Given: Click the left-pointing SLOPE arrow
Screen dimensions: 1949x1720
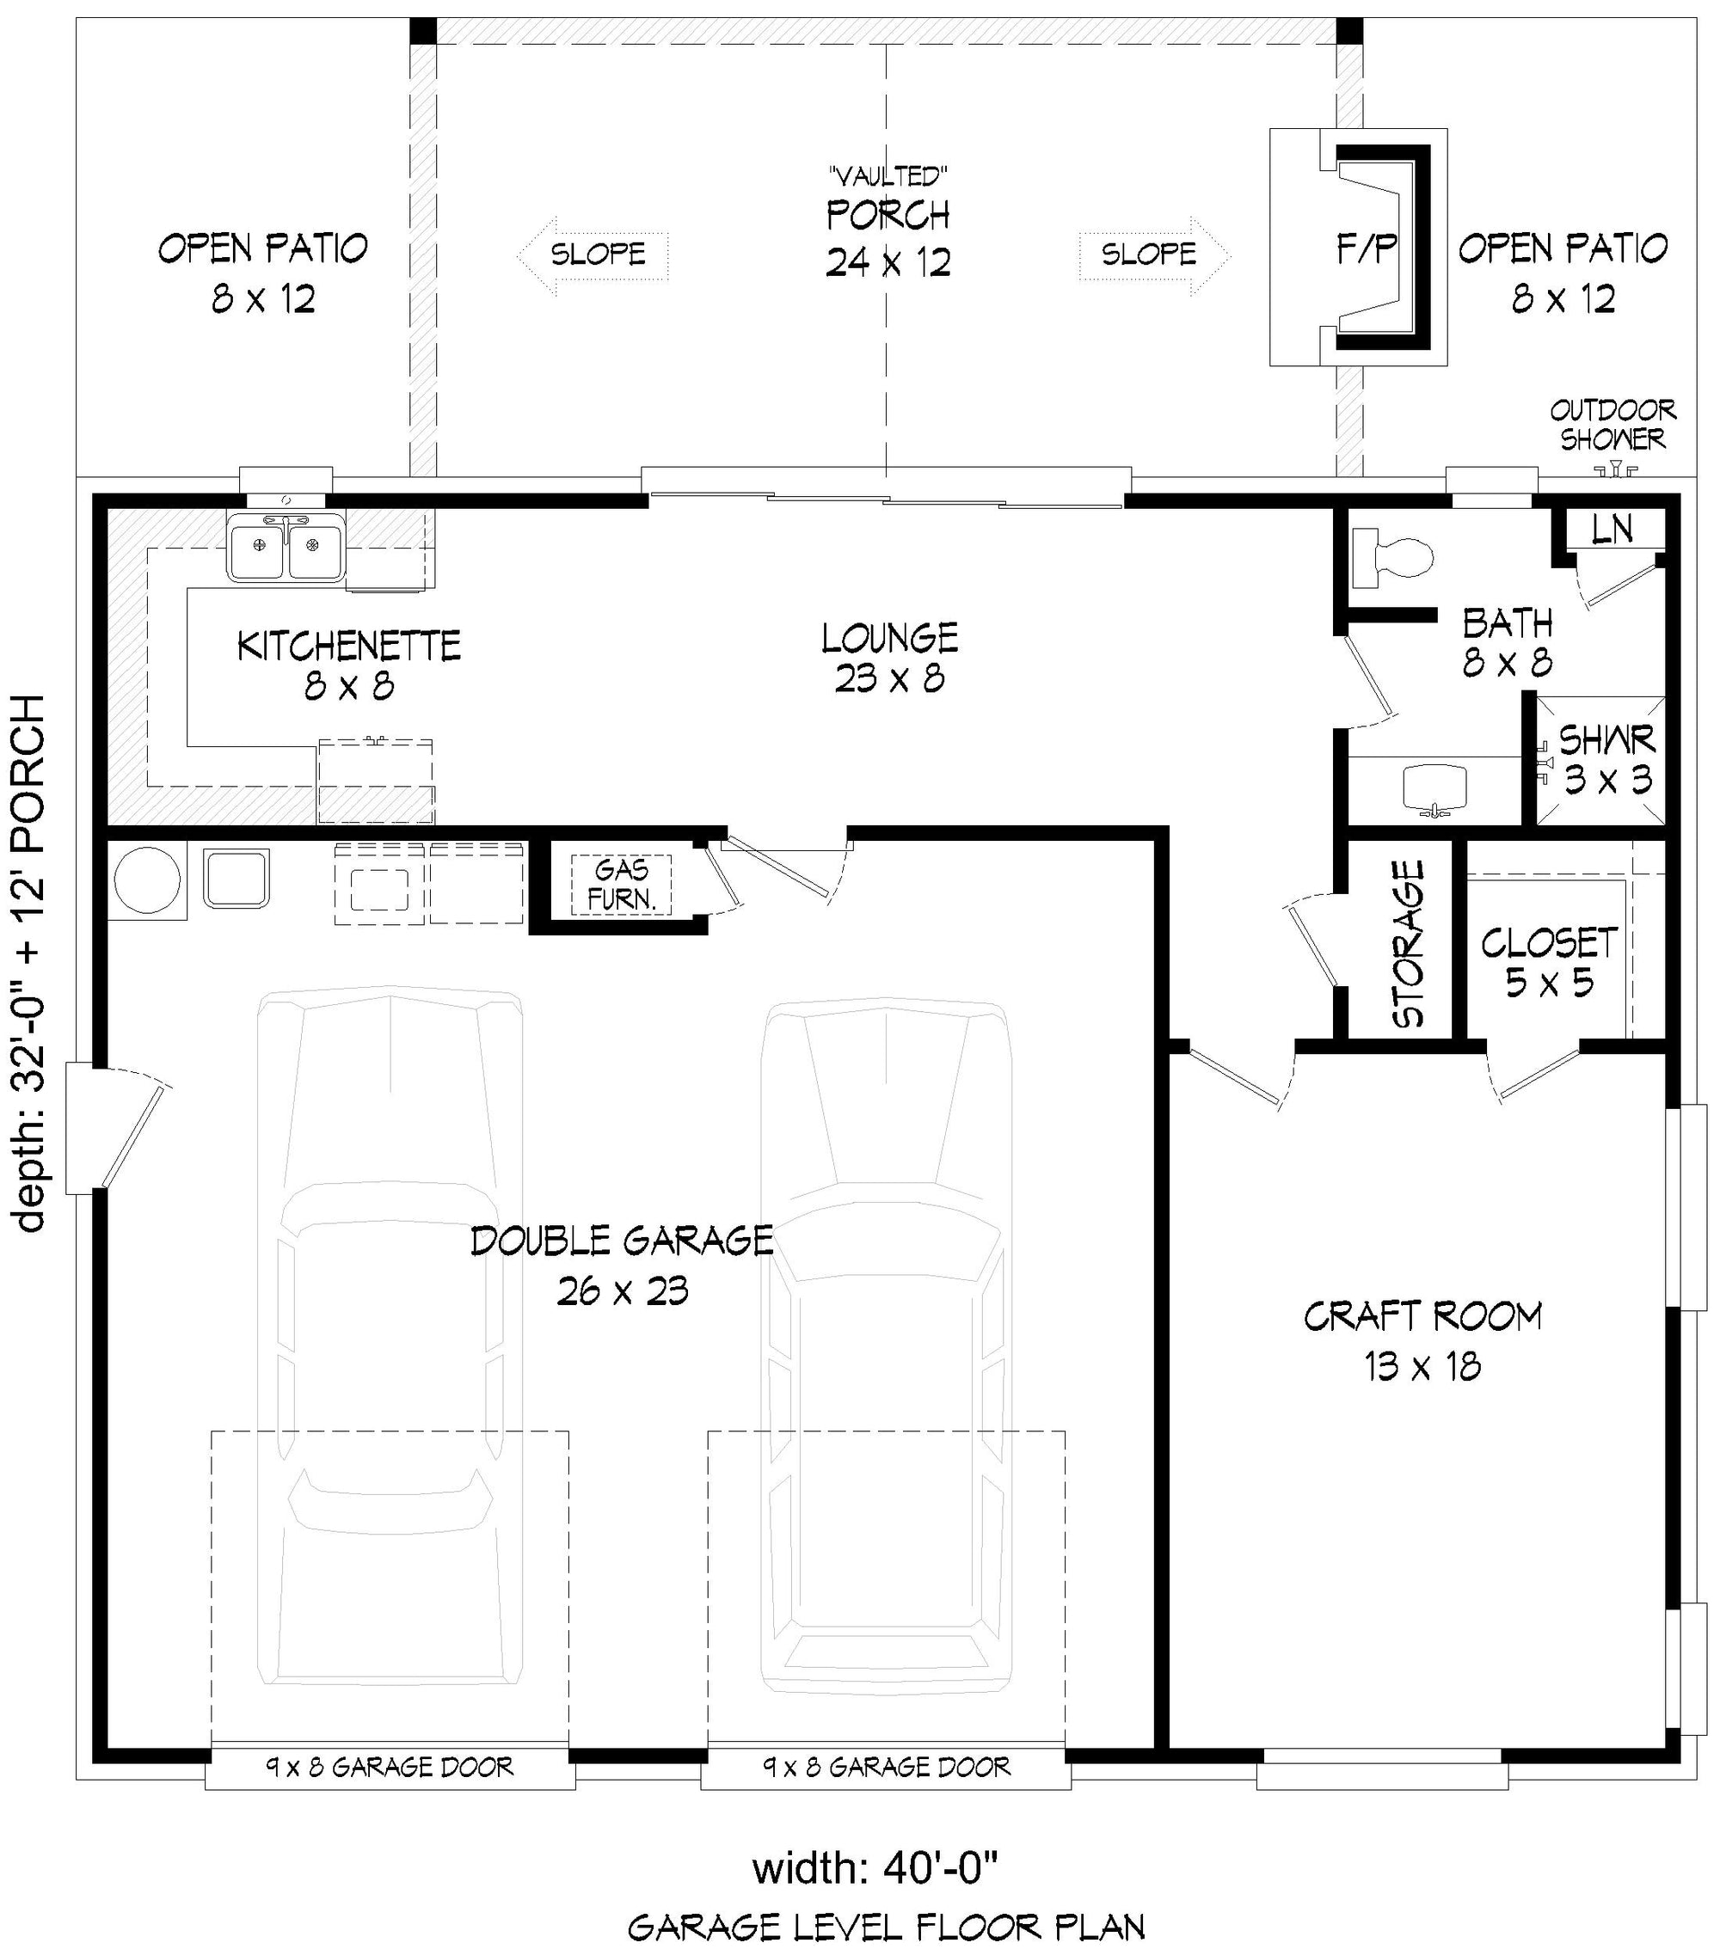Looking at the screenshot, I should click(593, 254).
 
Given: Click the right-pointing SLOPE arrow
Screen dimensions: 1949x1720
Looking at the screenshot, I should click(1155, 254).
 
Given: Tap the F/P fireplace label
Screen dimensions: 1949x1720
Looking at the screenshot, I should click(1365, 251).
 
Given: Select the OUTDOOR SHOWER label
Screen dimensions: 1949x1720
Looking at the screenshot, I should click(1612, 425).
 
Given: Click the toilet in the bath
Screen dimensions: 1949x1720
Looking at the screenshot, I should click(1394, 557).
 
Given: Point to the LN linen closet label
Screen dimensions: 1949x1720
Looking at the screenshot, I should click(1612, 530).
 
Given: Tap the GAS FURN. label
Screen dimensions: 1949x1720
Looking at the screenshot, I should click(621, 884).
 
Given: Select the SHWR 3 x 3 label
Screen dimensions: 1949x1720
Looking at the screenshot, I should click(1607, 760).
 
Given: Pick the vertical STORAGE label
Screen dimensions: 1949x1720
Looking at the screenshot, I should click(1408, 944).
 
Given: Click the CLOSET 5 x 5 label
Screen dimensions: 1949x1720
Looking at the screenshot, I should click(1549, 962).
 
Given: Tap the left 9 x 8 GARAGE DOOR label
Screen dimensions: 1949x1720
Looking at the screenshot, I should click(390, 1767).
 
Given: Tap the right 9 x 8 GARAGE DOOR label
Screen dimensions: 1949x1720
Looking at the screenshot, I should click(887, 1767).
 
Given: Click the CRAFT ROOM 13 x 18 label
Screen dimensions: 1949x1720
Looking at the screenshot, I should click(1422, 1340).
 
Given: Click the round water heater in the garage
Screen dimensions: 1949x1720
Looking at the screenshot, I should click(147, 881).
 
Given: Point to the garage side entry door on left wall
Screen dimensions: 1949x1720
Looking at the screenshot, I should click(114, 1129).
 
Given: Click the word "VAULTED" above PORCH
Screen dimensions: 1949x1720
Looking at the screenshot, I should click(888, 175).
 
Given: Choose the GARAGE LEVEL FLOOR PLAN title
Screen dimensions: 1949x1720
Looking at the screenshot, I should click(887, 1927).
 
